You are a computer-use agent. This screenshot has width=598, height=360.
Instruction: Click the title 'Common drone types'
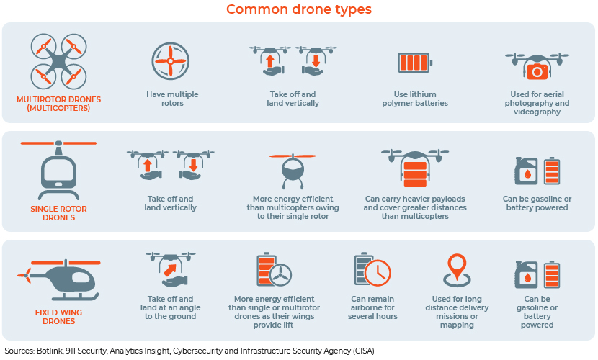(298, 9)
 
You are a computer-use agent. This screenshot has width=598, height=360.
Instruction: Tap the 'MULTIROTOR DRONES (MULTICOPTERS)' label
(59, 104)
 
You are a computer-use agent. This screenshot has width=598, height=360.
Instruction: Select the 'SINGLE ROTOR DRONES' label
(59, 213)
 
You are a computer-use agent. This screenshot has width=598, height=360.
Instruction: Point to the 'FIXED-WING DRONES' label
(59, 317)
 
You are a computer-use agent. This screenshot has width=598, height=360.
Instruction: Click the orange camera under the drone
(537, 71)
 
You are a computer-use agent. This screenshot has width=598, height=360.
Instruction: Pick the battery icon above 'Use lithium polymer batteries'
(415, 63)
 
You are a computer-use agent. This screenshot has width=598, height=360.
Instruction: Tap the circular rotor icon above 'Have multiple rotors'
(171, 61)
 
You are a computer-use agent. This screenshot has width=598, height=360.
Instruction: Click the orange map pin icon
(457, 270)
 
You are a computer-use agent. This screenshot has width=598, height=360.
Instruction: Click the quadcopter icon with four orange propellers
(59, 61)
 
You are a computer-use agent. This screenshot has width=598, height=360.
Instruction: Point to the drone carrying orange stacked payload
(415, 168)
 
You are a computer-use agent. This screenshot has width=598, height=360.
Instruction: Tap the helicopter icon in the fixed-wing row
(59, 279)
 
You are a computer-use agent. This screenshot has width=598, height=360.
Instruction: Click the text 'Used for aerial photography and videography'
(537, 103)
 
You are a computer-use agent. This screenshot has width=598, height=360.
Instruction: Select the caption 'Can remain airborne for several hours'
(372, 307)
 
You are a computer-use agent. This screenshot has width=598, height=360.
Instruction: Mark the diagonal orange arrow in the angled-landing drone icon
(170, 270)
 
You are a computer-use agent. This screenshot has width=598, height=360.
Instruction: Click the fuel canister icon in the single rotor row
(526, 171)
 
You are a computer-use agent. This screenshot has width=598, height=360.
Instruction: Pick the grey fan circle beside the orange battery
(280, 274)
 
